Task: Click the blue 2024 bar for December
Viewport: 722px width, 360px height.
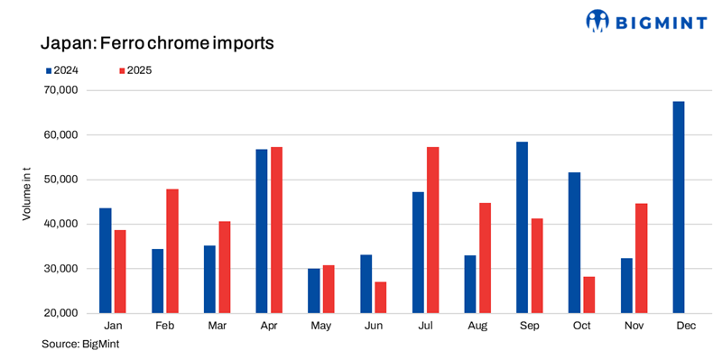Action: (x=679, y=208)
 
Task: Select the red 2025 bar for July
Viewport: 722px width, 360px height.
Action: (x=433, y=230)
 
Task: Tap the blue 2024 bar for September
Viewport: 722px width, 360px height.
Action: (x=523, y=227)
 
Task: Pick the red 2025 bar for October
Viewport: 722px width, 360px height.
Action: (x=589, y=295)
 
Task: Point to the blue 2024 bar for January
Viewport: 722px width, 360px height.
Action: (x=106, y=261)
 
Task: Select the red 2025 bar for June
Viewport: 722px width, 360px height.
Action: (x=381, y=298)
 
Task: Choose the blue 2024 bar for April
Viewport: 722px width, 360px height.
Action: (x=262, y=231)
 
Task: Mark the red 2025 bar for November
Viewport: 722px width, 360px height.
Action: (x=642, y=258)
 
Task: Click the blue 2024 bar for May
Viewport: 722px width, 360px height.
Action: (x=314, y=291)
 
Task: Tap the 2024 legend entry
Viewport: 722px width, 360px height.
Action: (x=66, y=70)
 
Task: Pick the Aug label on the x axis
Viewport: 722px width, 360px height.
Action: (x=478, y=326)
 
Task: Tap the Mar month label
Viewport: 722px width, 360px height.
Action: (x=218, y=326)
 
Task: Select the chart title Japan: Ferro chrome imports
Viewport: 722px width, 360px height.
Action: (x=157, y=42)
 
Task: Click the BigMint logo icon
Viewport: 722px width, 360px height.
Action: (x=597, y=21)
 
